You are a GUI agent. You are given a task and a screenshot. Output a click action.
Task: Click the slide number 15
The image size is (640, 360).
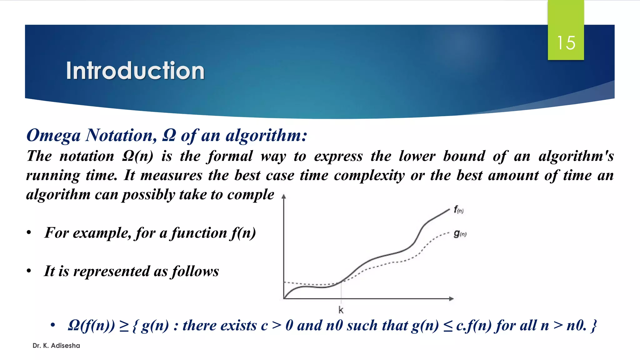pyautogui.click(x=566, y=43)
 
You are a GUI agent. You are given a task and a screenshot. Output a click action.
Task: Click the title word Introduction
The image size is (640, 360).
pyautogui.click(x=135, y=71)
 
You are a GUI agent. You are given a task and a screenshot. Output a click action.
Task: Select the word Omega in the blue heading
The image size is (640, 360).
pyautogui.click(x=53, y=136)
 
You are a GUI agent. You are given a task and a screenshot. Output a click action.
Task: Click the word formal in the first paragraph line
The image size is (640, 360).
pyautogui.click(x=230, y=156)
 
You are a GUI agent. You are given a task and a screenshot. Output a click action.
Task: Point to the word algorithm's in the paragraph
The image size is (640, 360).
pyautogui.click(x=576, y=156)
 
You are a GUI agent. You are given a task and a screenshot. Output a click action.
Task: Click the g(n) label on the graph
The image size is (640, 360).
pyautogui.click(x=460, y=233)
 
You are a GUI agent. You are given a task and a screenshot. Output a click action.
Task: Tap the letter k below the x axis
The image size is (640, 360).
pyautogui.click(x=341, y=310)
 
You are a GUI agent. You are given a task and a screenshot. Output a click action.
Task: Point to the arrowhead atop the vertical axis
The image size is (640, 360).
pyautogui.click(x=284, y=197)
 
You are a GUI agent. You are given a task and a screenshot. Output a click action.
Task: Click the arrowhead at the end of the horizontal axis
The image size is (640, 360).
pyautogui.click(x=451, y=299)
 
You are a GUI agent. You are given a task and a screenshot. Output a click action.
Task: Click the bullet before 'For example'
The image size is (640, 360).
pyautogui.click(x=29, y=233)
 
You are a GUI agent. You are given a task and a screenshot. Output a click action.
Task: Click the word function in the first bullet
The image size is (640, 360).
pyautogui.click(x=199, y=233)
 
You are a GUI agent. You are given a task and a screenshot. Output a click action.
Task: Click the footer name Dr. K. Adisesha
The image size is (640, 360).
pyautogui.click(x=56, y=346)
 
